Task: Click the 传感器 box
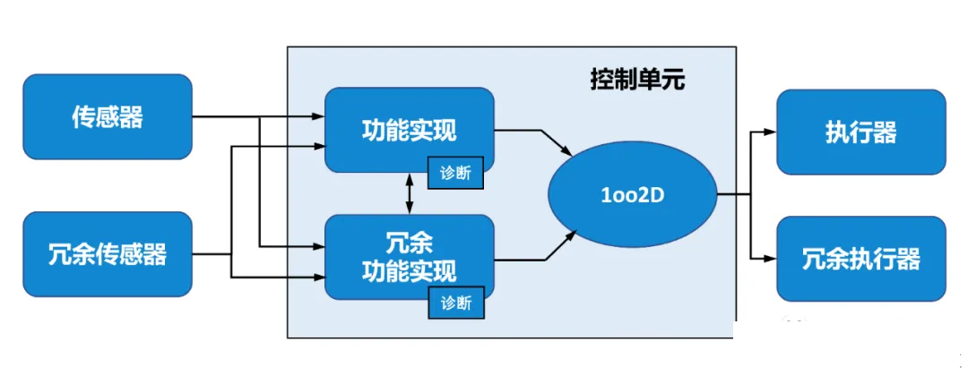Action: [108, 117]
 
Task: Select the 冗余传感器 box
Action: [108, 254]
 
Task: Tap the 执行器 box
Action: [860, 132]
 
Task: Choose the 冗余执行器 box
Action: [860, 258]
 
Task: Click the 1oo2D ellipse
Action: [632, 195]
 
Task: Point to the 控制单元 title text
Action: [635, 81]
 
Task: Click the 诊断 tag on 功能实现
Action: [456, 173]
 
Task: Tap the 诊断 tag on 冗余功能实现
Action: [456, 303]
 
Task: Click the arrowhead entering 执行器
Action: [769, 132]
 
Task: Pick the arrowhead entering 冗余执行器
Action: [769, 258]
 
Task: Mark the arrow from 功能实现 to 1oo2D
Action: [534, 140]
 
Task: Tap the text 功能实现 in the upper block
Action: [410, 131]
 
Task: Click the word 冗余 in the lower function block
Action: [410, 244]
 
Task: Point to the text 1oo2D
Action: [632, 196]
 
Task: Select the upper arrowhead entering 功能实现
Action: [318, 115]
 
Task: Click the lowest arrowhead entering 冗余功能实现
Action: [318, 278]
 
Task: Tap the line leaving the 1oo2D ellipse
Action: [734, 195]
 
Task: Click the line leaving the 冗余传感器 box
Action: [212, 254]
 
